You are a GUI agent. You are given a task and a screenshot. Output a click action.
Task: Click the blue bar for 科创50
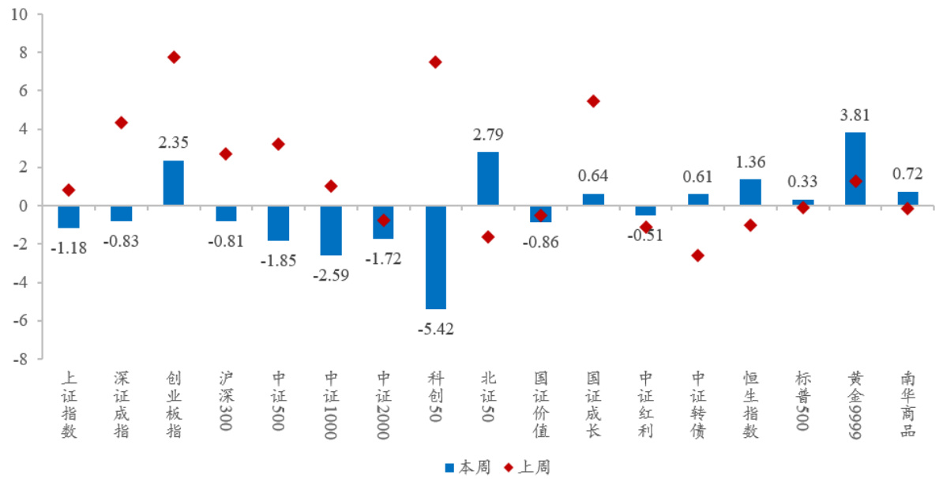[x=435, y=257]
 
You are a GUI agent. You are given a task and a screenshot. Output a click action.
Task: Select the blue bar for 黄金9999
[x=855, y=169]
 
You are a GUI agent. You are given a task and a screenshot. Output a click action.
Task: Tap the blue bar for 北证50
[x=487, y=179]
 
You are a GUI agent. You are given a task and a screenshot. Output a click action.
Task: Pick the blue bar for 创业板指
[x=174, y=183]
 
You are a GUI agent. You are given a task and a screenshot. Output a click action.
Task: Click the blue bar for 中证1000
[x=330, y=230]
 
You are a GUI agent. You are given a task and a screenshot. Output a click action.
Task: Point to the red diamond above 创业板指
[x=174, y=57]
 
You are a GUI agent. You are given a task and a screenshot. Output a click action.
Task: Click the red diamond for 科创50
[x=435, y=62]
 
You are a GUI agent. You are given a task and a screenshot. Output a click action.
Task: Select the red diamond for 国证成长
[x=593, y=101]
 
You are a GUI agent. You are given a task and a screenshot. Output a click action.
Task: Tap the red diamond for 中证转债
[x=697, y=255]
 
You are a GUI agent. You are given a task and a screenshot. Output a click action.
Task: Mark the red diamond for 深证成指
[x=121, y=123]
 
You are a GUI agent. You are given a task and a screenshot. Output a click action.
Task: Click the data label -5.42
[x=435, y=329]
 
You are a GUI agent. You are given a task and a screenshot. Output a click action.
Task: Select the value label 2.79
[x=487, y=134]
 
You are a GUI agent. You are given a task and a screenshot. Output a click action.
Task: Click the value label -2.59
[x=330, y=275]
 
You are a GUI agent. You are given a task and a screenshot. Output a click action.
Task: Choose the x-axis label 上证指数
[x=69, y=404]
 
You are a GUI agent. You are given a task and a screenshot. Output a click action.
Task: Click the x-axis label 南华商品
[x=907, y=404]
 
